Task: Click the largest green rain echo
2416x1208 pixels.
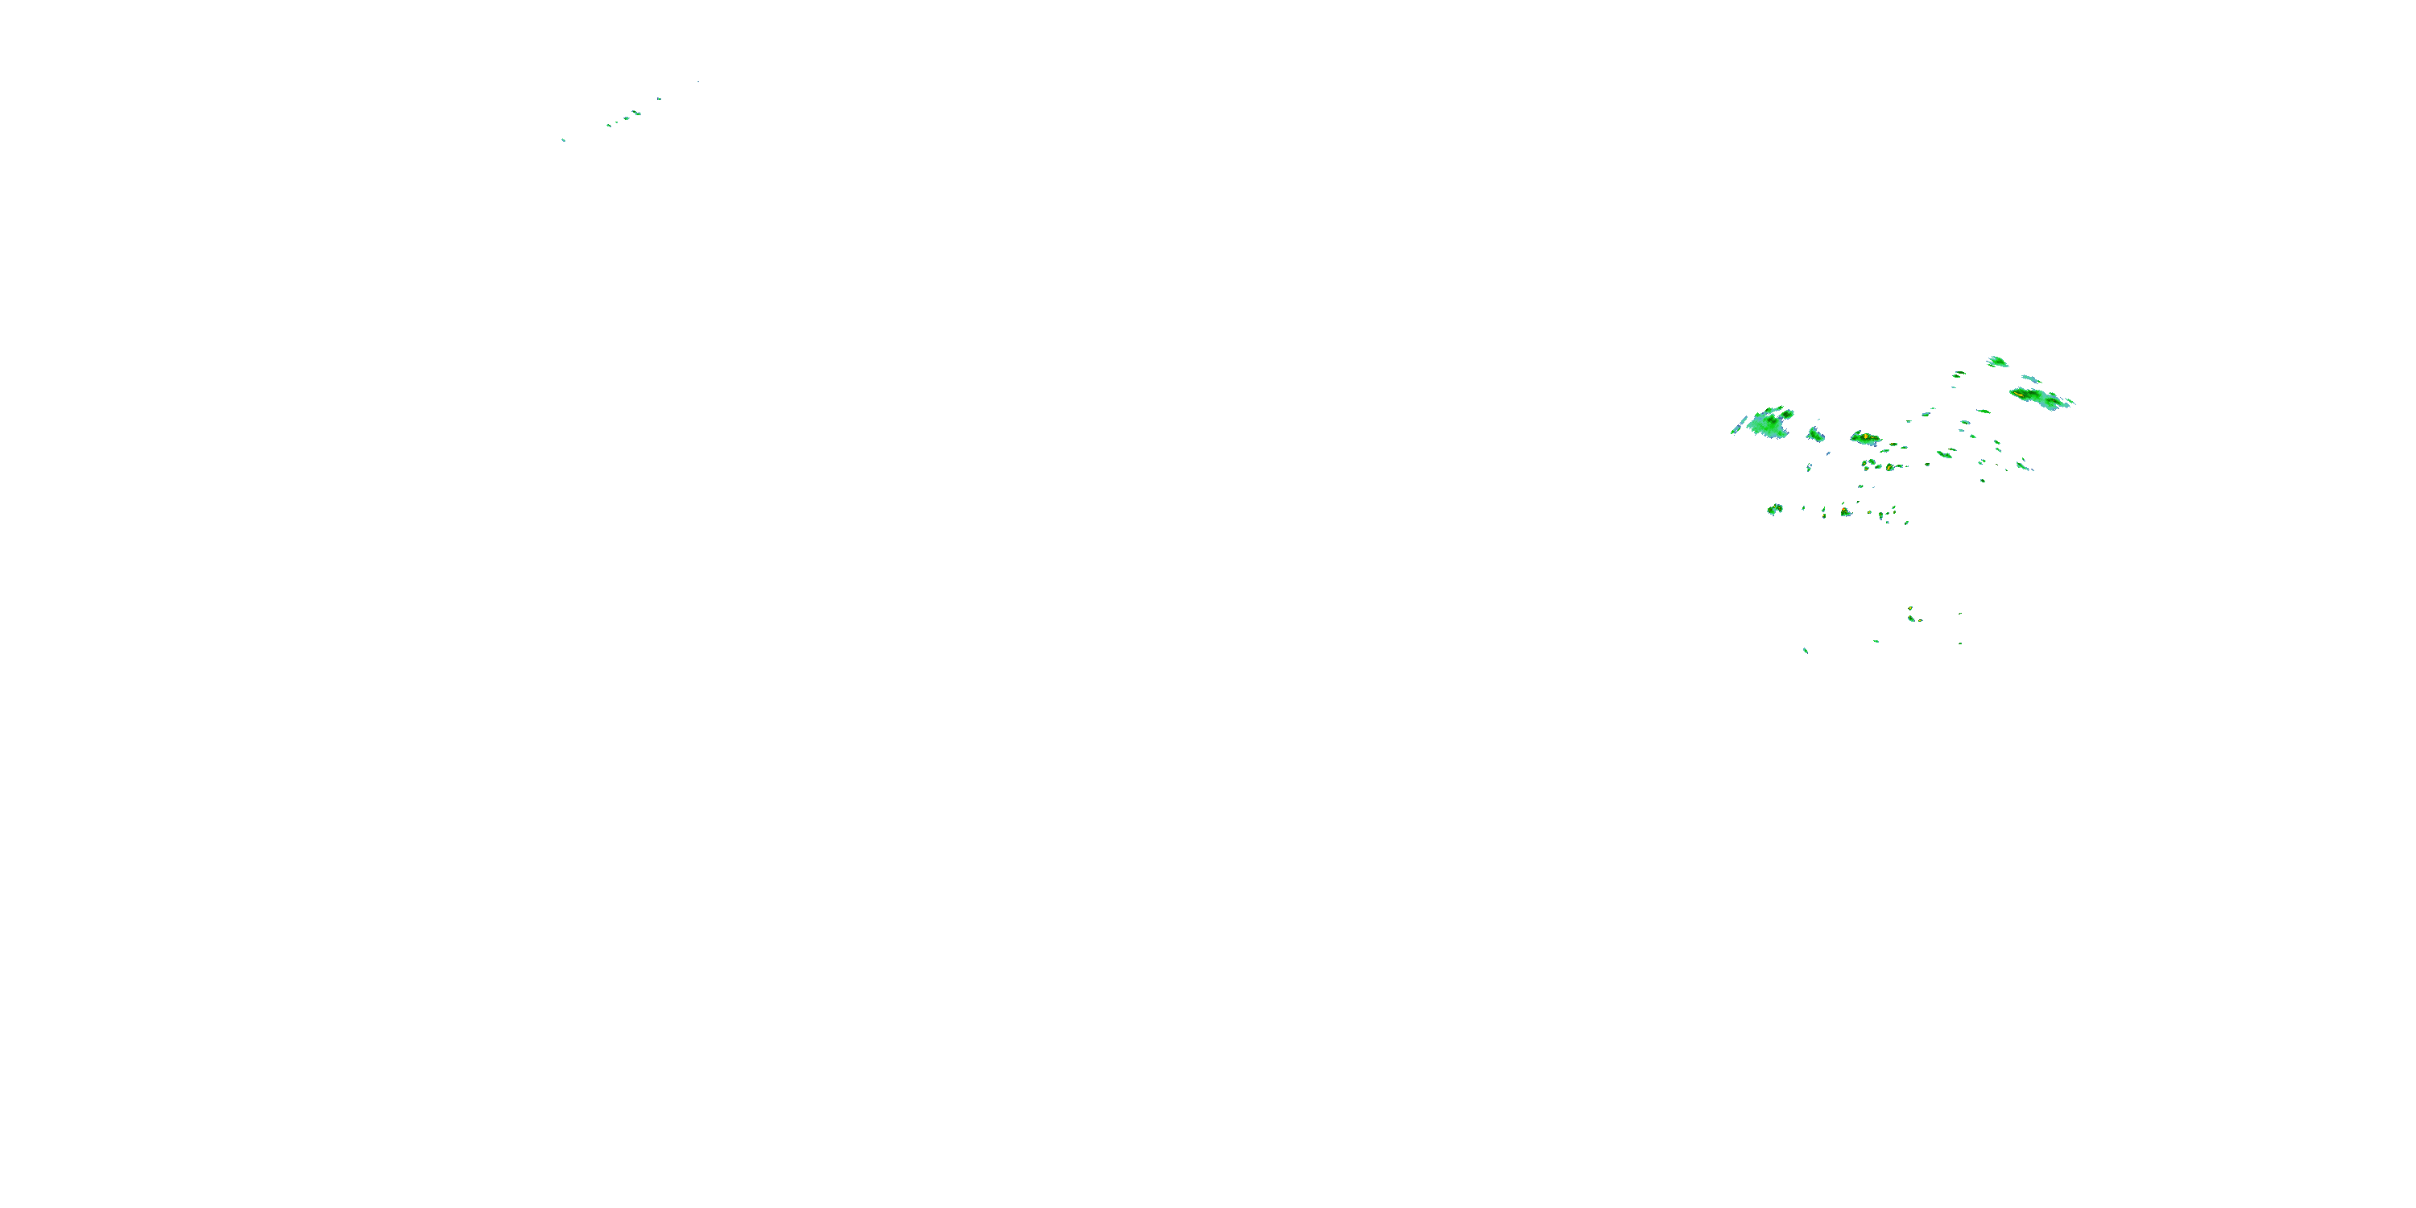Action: click(1769, 424)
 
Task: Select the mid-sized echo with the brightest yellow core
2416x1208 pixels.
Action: click(1865, 437)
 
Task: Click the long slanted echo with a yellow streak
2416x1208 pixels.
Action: click(2040, 398)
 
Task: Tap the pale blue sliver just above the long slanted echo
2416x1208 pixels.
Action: click(2029, 379)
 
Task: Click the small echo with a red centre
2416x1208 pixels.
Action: click(1846, 512)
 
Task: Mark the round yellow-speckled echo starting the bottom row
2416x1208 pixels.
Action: click(1774, 509)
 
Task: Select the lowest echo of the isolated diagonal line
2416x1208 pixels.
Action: click(563, 140)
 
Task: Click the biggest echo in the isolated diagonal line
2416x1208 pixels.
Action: click(636, 114)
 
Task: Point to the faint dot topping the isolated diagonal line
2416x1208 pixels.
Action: click(697, 81)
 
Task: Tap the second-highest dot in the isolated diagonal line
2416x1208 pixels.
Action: click(659, 98)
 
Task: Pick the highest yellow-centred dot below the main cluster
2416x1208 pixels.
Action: click(1909, 609)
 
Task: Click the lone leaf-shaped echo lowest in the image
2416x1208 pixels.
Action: click(1806, 650)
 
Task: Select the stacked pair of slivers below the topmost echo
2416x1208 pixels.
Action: click(1959, 374)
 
